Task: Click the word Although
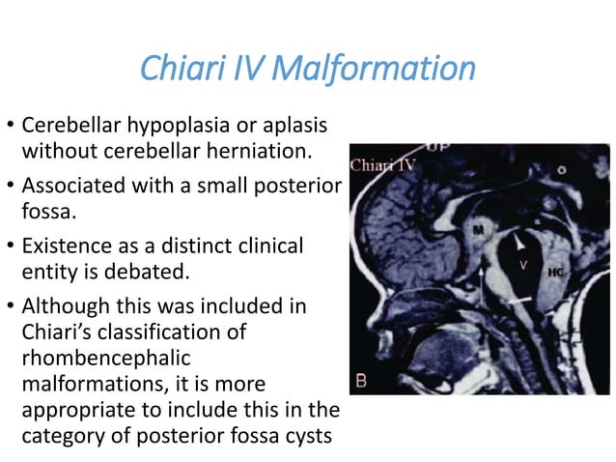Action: point(60,307)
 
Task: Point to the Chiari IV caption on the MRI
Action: point(383,165)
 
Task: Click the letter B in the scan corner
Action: point(361,381)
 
